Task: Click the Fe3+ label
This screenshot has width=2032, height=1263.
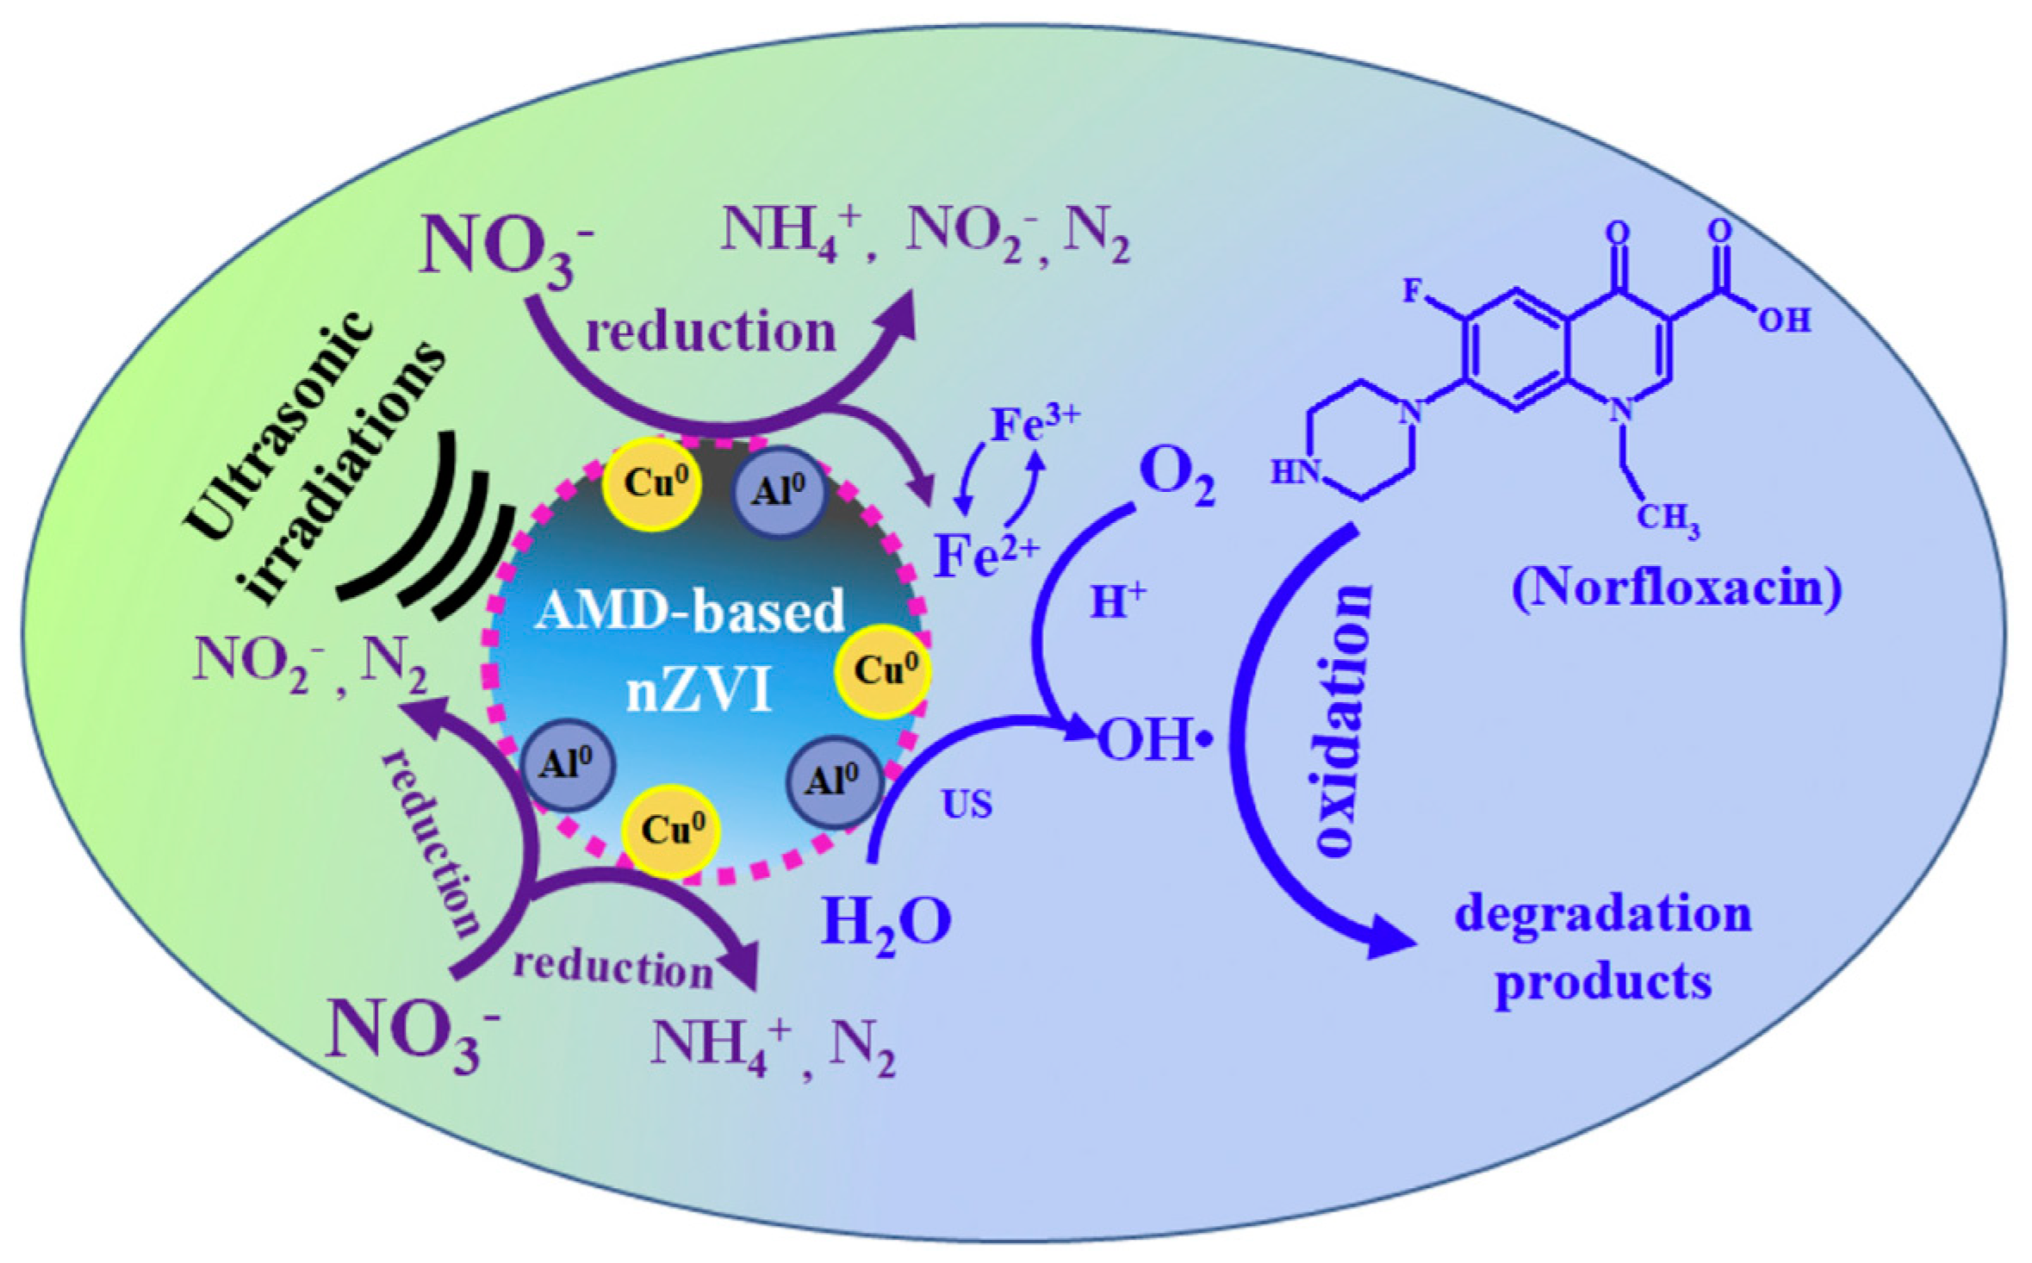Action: click(x=1033, y=424)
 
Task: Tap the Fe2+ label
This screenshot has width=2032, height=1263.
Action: click(x=986, y=556)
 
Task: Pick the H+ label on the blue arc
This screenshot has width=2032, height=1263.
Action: click(x=1118, y=600)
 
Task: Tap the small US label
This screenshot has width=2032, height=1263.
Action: click(x=966, y=805)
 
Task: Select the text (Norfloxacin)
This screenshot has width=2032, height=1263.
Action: click(x=1676, y=589)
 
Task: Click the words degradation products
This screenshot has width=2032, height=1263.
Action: click(x=1603, y=949)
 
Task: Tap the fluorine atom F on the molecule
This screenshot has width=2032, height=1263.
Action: click(x=1412, y=290)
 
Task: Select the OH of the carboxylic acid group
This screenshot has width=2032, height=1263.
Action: click(x=1784, y=320)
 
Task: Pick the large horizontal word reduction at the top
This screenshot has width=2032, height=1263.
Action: click(x=711, y=333)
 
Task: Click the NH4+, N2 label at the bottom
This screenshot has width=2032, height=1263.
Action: click(x=772, y=1046)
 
